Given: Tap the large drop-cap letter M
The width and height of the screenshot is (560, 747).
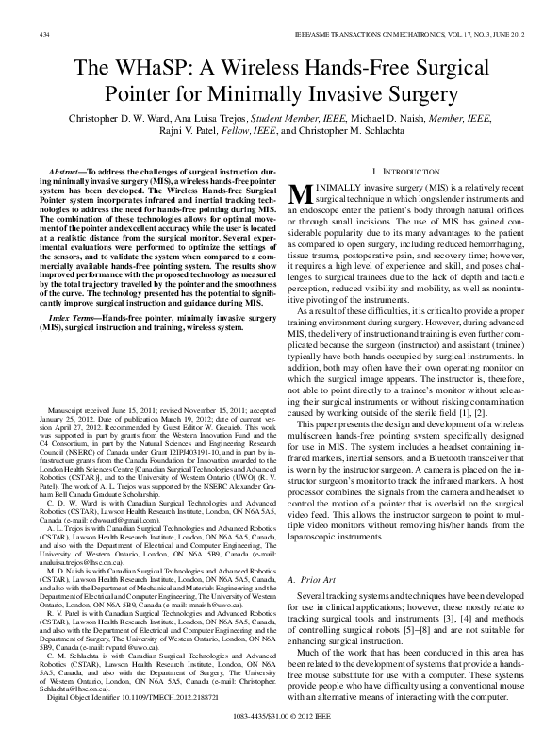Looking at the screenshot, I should [x=305, y=193].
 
